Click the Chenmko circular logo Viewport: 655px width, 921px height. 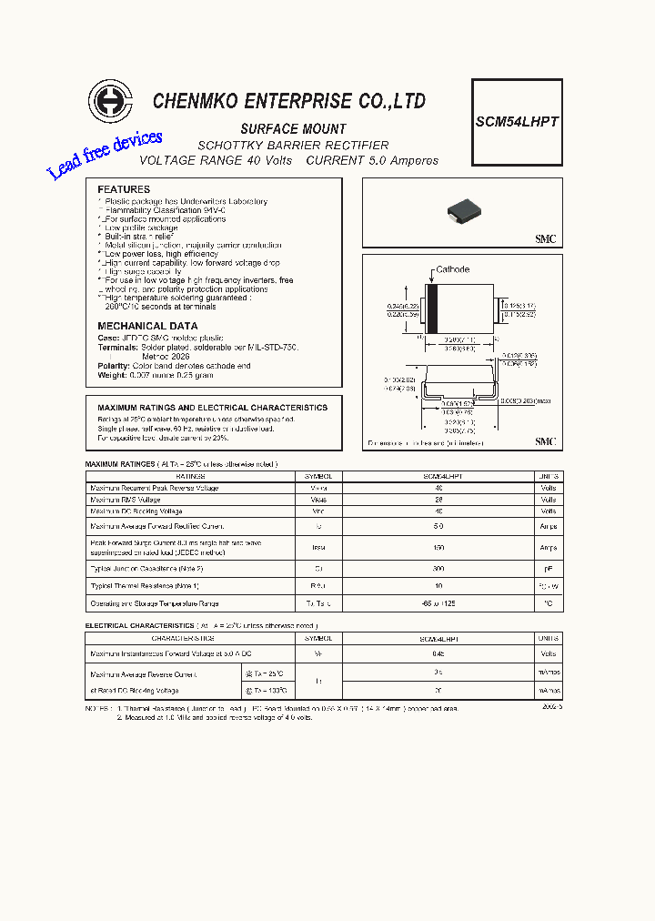click(x=110, y=101)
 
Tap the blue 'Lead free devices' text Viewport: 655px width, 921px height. click(x=105, y=154)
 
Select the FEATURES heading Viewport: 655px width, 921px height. click(x=124, y=189)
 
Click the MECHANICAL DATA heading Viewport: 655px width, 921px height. click(x=147, y=326)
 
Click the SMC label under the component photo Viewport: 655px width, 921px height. click(x=545, y=239)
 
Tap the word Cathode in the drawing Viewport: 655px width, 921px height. click(x=452, y=269)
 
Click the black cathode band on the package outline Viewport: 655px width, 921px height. click(x=434, y=309)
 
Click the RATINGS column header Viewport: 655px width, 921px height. click(x=190, y=476)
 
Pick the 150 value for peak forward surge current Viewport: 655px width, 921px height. click(x=438, y=548)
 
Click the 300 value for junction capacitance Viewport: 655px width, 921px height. click(x=438, y=567)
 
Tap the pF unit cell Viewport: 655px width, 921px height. click(x=548, y=567)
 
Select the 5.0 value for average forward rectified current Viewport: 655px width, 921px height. click(x=438, y=526)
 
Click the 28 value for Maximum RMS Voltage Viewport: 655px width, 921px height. click(x=438, y=501)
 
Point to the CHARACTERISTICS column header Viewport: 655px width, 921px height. click(x=190, y=639)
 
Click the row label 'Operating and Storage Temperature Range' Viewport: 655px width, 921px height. click(x=155, y=603)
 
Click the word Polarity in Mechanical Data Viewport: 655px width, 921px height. click(x=113, y=365)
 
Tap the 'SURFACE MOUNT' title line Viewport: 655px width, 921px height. click(x=293, y=129)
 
